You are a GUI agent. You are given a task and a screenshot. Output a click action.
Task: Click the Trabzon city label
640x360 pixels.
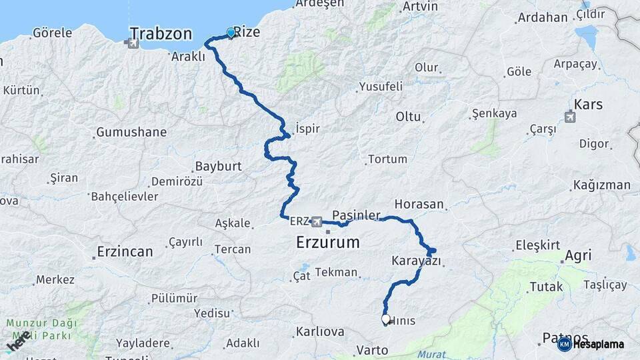tap(161, 34)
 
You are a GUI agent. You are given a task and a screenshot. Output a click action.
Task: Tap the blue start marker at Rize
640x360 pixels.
tap(231, 33)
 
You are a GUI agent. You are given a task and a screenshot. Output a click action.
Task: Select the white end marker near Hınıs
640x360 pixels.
tap(385, 319)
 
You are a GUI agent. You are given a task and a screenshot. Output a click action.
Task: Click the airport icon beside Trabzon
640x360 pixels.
tap(131, 43)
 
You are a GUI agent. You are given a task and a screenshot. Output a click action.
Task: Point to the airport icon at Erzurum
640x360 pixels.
tap(316, 221)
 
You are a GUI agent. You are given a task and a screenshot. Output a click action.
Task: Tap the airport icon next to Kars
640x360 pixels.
tap(569, 118)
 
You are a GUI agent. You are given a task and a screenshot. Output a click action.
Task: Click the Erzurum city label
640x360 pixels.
tap(327, 242)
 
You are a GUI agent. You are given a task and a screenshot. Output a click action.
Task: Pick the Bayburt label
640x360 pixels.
tap(218, 166)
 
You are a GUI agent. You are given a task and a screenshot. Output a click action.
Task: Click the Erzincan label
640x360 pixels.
tap(125, 251)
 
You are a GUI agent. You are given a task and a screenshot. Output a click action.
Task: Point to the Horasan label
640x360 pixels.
tap(419, 204)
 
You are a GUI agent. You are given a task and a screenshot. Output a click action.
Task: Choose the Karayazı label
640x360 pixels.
tap(417, 261)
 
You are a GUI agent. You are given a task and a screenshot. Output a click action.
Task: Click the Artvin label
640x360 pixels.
tap(420, 7)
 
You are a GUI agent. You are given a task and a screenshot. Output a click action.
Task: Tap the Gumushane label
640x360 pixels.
tap(131, 132)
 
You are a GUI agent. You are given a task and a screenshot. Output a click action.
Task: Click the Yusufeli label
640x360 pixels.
tap(381, 86)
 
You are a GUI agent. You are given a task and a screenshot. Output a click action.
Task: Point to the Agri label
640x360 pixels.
tap(577, 255)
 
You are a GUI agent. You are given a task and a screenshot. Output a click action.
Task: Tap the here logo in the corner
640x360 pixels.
tap(19, 341)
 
